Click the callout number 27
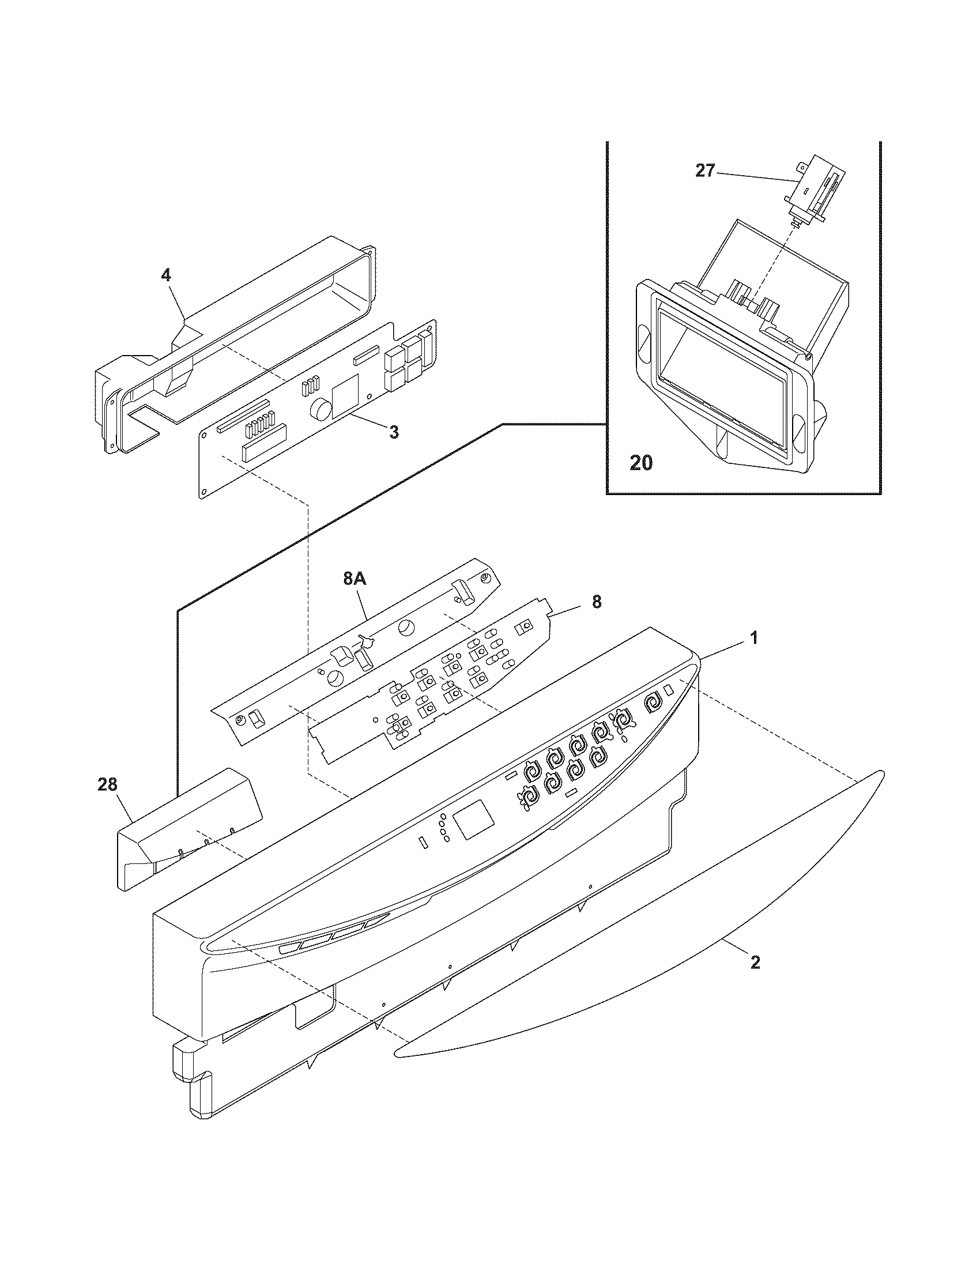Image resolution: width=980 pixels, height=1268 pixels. [705, 171]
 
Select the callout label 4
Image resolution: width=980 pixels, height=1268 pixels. [166, 275]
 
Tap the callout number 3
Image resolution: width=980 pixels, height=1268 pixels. [394, 432]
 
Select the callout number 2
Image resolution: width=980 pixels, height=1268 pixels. [755, 963]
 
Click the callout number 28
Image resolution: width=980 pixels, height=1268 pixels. [108, 785]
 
